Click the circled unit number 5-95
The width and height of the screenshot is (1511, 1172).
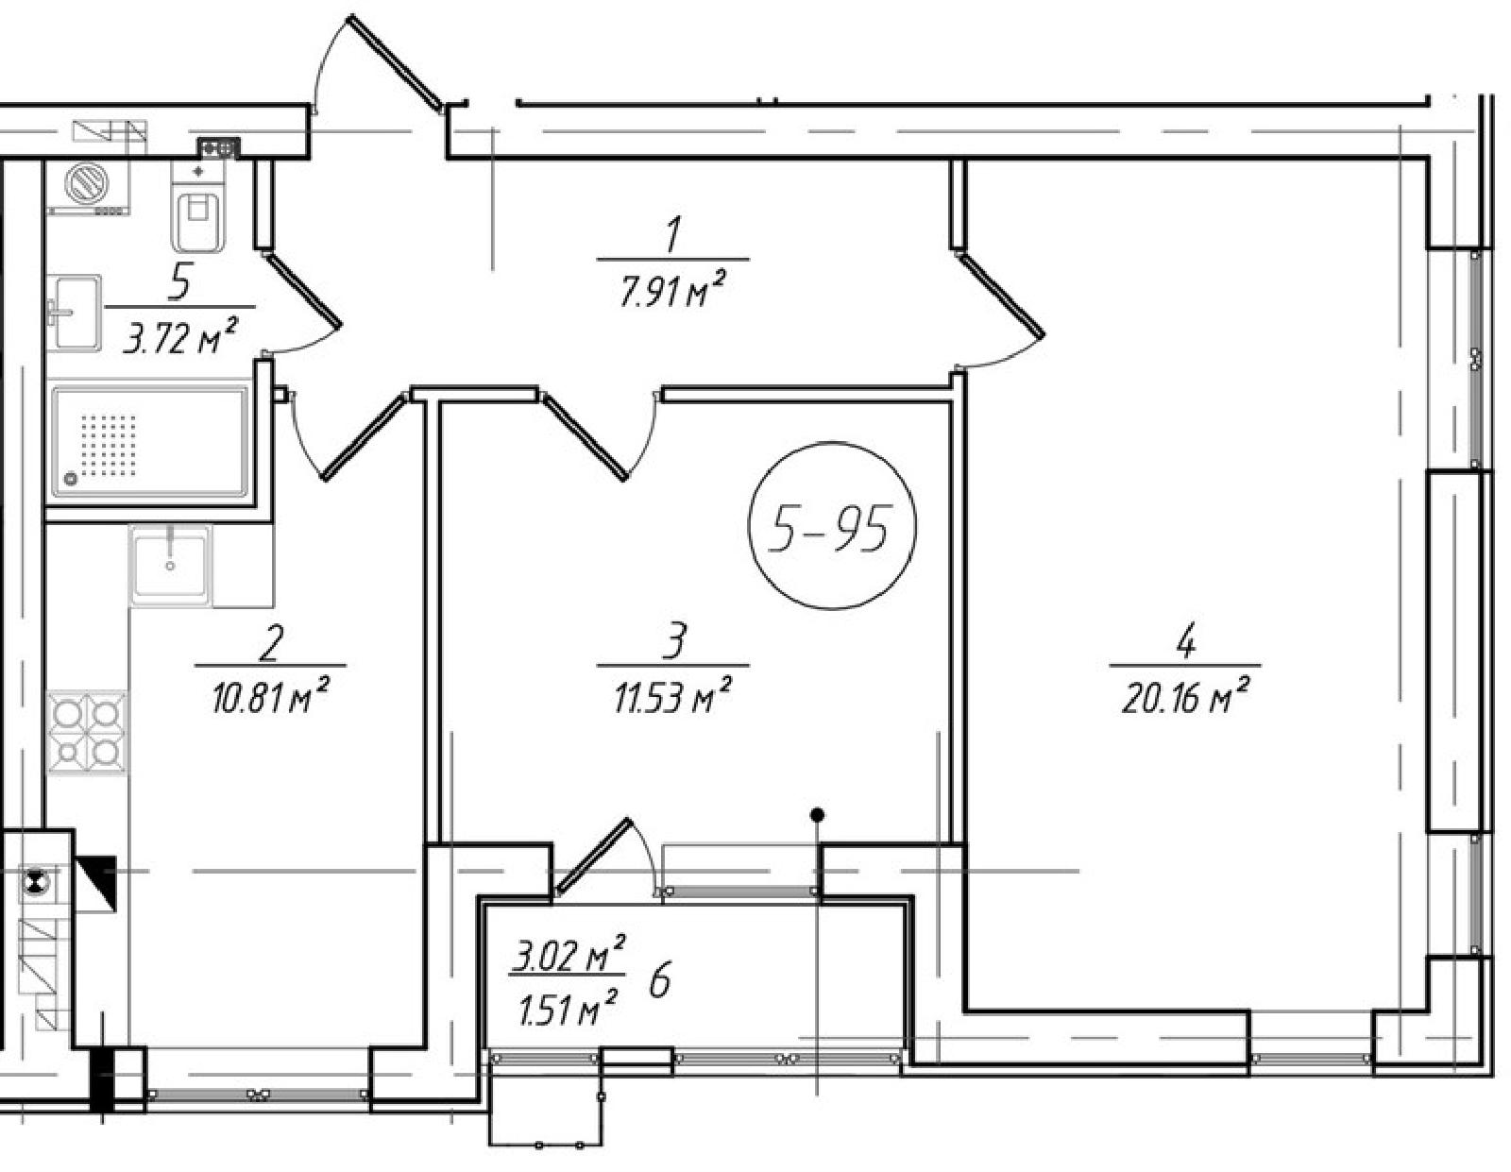832,525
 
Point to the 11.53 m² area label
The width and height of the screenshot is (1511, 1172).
672,697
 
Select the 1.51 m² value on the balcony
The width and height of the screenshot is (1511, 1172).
569,1008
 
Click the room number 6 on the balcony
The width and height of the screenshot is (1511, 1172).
659,982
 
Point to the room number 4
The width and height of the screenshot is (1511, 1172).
1185,643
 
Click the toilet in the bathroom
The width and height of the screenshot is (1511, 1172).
198,205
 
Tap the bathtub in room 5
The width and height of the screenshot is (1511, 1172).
150,442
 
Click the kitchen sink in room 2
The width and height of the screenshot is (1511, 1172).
170,563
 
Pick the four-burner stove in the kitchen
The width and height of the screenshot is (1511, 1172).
87,733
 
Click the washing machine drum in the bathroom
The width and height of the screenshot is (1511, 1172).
87,183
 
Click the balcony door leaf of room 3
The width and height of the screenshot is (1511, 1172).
592,855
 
